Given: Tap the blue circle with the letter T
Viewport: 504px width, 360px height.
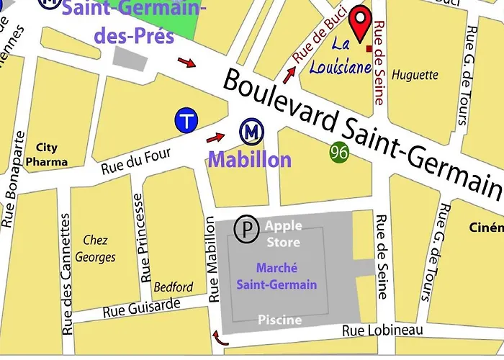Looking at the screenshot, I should (x=187, y=121).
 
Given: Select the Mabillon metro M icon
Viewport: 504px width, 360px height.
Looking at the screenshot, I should (x=251, y=132).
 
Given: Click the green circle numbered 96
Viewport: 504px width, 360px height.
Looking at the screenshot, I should (x=341, y=152).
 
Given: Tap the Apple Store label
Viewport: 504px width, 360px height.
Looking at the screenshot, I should (x=283, y=234).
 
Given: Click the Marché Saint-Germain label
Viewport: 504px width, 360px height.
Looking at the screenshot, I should (x=277, y=276).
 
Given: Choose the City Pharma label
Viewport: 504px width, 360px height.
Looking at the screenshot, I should (x=47, y=154).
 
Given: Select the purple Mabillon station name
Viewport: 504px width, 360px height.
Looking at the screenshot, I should (x=250, y=159).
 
